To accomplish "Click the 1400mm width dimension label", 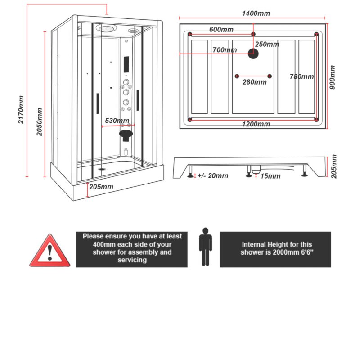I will [256, 13].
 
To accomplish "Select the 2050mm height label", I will [40, 121].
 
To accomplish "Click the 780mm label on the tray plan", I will [301, 77].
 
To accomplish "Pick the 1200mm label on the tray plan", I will [256, 124].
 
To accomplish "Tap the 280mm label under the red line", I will [254, 82].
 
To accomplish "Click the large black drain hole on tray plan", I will [254, 54].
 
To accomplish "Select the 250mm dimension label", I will [267, 44].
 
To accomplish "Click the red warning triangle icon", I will [50, 252].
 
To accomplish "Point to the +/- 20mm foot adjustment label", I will [212, 176].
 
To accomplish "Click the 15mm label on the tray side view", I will [270, 176].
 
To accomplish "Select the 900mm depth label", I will [333, 77].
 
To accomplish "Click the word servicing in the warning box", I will [132, 261].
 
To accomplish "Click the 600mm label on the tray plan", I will [221, 30].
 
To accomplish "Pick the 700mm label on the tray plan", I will [225, 50].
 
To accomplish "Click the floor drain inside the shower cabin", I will [102, 170].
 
